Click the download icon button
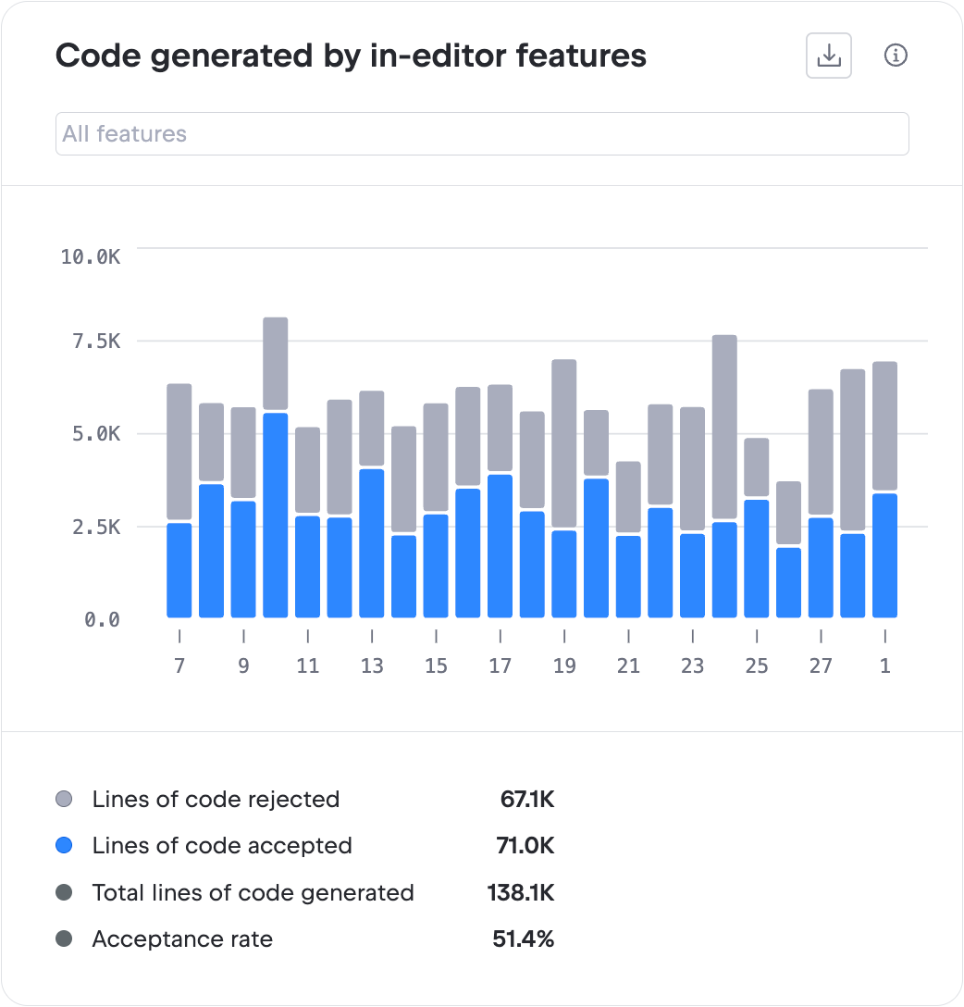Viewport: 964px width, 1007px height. [828, 56]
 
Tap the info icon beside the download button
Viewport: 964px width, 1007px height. [896, 56]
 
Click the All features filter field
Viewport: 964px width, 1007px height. [481, 134]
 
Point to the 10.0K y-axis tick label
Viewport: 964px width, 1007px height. [91, 256]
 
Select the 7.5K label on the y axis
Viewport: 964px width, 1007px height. [97, 342]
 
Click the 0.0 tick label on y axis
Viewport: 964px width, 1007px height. [102, 619]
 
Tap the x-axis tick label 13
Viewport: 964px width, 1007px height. [372, 665]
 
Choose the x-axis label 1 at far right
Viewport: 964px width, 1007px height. [885, 665]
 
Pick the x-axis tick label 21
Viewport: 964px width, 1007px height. [628, 665]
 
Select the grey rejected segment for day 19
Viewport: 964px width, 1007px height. [564, 444]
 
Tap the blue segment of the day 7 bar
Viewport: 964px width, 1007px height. [179, 570]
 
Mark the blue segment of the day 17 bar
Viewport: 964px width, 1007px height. [501, 546]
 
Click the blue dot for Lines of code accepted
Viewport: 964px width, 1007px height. [64, 846]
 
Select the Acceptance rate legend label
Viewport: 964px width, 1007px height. [182, 939]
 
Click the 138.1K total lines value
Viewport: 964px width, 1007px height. [521, 893]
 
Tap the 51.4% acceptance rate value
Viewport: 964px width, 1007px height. [523, 939]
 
